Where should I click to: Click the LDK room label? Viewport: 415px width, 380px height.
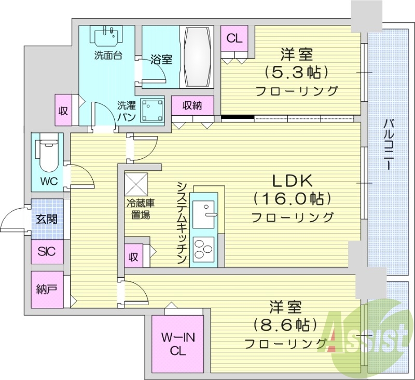click(x=292, y=181)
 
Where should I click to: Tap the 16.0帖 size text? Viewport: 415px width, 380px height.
click(x=292, y=199)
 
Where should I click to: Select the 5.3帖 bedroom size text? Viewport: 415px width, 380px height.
click(x=297, y=71)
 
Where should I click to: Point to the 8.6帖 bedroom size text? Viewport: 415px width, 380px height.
click(x=285, y=325)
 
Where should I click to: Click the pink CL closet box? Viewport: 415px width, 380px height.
click(x=234, y=38)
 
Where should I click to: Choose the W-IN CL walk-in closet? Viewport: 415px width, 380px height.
click(x=178, y=344)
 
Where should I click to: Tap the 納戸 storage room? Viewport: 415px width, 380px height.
click(x=47, y=289)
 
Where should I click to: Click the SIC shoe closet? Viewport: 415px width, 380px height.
click(x=47, y=253)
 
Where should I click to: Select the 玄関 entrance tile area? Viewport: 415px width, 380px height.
click(x=47, y=219)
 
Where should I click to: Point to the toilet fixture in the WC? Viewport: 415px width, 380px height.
click(x=47, y=153)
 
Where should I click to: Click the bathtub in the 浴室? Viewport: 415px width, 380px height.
click(x=197, y=57)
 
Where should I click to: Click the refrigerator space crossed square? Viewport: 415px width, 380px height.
click(x=136, y=183)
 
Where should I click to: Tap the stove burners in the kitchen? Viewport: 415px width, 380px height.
click(x=203, y=249)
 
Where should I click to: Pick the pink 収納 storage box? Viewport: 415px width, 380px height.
click(x=192, y=105)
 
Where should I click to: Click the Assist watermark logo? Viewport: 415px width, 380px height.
click(x=367, y=340)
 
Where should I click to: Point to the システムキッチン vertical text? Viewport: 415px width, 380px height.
click(x=181, y=223)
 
